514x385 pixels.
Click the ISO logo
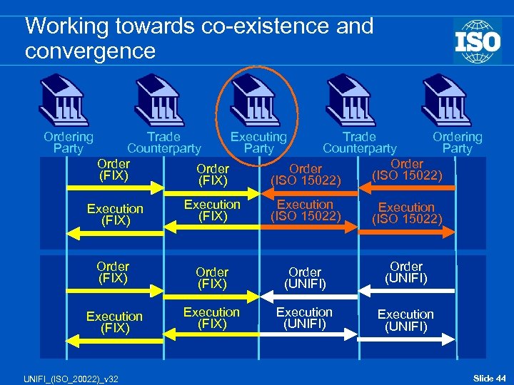click(x=477, y=41)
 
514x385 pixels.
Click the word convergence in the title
click(x=90, y=51)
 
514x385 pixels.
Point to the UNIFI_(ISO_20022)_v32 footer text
click(x=60, y=377)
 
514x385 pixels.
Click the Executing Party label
click(x=258, y=143)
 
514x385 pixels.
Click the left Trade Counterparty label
click(x=163, y=143)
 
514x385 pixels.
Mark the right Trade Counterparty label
click(x=359, y=143)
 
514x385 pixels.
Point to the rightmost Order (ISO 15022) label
click(x=407, y=170)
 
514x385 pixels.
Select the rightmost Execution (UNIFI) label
click(x=405, y=320)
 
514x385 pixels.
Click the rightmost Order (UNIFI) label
click(x=406, y=272)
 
